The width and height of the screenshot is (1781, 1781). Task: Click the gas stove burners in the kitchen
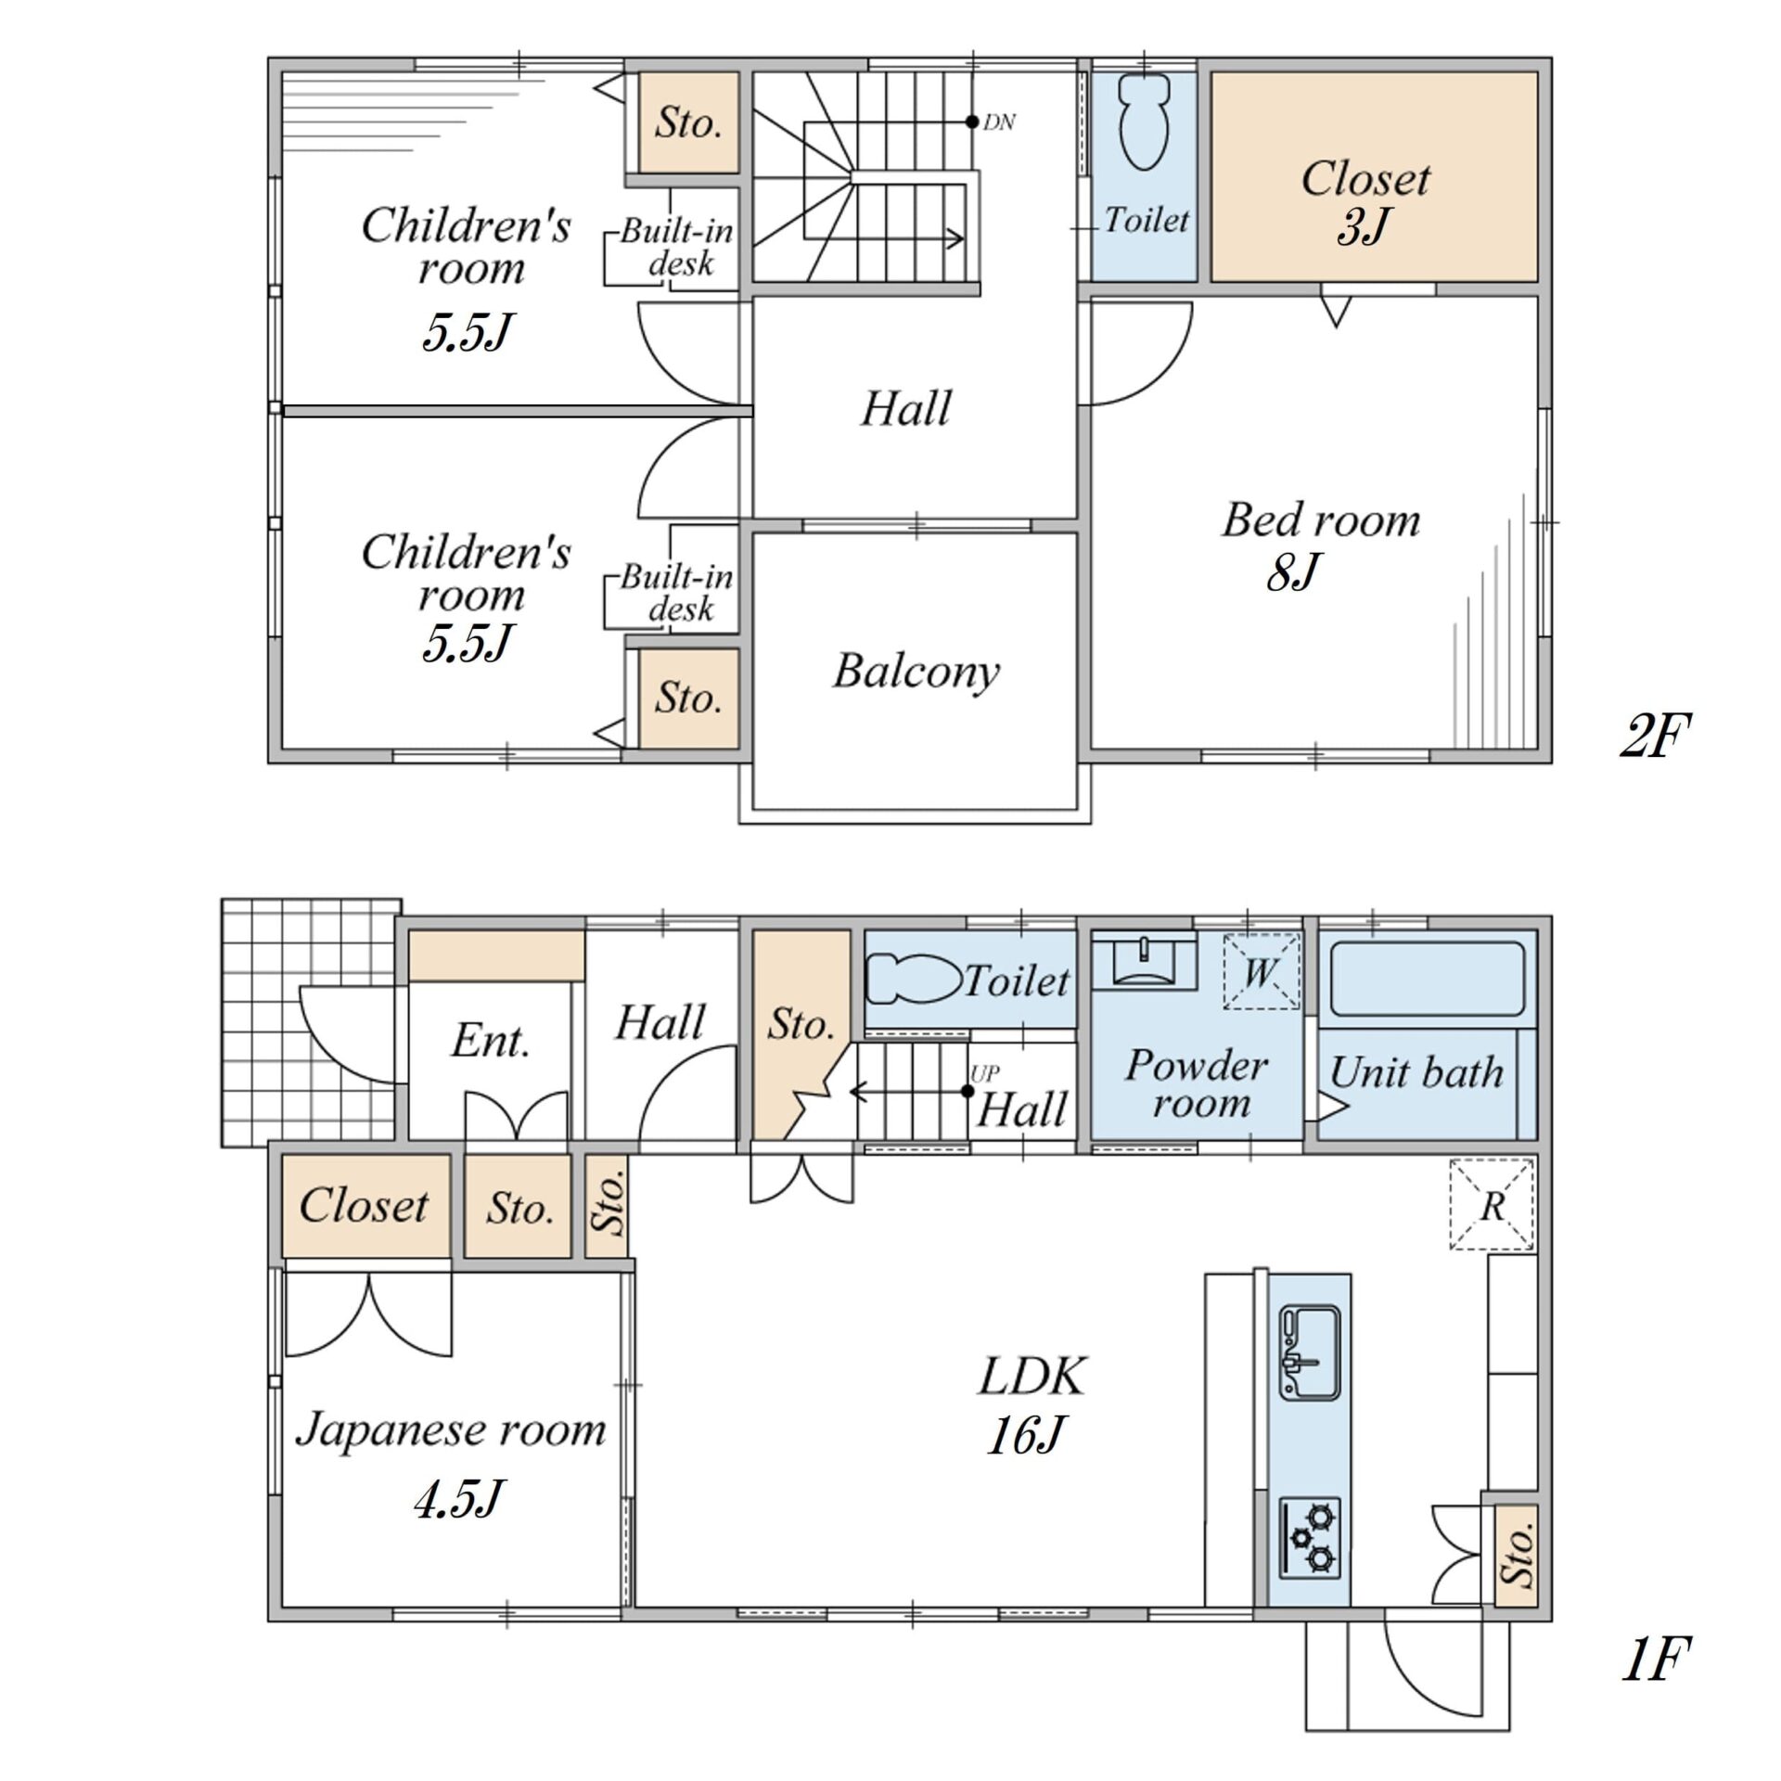point(1310,1538)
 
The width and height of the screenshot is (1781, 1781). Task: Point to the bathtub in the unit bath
point(1427,980)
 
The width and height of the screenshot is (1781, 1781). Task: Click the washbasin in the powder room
point(1144,961)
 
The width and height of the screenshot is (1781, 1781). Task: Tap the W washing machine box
point(1261,971)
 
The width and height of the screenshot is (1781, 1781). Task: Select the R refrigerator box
point(1492,1205)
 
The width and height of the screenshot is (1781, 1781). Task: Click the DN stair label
point(999,122)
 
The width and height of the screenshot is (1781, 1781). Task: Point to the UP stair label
point(985,1073)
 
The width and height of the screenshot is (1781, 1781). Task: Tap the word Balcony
point(916,672)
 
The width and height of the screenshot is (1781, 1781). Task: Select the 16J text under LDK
point(1024,1435)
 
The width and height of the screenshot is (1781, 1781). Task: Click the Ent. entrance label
point(491,1041)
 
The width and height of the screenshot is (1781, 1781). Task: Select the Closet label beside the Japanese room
point(364,1205)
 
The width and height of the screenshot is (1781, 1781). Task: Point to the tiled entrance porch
point(311,1021)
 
